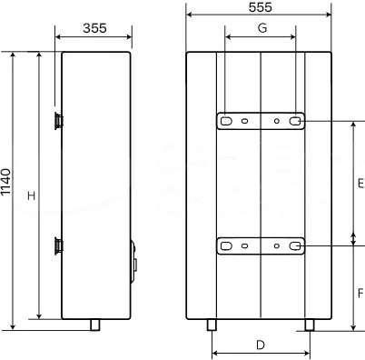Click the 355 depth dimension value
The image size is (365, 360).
(x=94, y=28)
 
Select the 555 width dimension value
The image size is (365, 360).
(x=261, y=7)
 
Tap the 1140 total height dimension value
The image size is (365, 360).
(x=5, y=182)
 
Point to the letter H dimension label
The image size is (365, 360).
(x=32, y=195)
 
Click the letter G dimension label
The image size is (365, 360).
(x=262, y=28)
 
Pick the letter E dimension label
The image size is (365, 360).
(x=360, y=184)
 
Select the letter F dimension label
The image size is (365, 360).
(x=360, y=294)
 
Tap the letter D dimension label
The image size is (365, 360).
(x=261, y=345)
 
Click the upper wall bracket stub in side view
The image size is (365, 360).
(x=59, y=121)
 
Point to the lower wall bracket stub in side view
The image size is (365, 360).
(x=59, y=245)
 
